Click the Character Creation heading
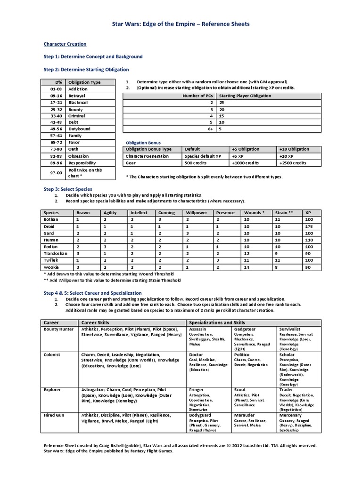65,44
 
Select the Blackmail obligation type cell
78,102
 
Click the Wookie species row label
50,266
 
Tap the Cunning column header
166,213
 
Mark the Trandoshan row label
54,253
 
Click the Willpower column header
196,213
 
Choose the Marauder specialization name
244,416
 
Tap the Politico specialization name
243,354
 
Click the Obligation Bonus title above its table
143,142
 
